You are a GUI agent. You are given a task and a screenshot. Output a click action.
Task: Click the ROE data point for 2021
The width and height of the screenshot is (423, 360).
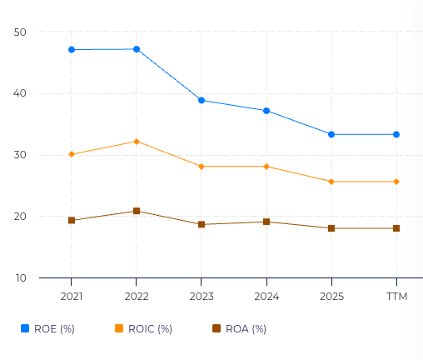tap(72, 50)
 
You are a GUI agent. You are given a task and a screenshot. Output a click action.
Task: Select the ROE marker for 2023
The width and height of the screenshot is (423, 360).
tap(202, 100)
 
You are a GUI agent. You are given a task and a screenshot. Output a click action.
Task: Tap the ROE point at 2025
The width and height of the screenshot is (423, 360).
tap(331, 134)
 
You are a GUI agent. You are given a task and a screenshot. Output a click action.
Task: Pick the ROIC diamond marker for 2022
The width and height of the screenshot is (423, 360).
tap(137, 141)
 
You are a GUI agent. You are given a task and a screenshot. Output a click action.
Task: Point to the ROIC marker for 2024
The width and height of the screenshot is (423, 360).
tap(266, 167)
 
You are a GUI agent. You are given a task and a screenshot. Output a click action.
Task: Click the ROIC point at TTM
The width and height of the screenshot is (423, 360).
tap(396, 182)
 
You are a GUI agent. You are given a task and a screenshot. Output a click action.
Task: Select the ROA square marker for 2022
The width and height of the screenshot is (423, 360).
tap(137, 211)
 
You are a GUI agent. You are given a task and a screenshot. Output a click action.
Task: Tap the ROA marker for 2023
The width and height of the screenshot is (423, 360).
tap(202, 224)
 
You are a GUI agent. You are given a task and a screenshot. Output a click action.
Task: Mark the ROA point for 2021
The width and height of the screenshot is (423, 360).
tap(72, 220)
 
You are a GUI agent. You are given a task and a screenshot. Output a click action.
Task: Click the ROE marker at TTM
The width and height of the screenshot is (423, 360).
tap(396, 134)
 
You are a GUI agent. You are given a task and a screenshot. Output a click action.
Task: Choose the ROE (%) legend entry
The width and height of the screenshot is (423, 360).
tap(48, 329)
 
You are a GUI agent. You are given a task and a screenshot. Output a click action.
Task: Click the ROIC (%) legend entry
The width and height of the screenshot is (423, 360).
tap(144, 329)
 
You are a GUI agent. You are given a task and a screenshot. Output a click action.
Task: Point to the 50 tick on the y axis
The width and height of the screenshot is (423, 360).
tap(21, 32)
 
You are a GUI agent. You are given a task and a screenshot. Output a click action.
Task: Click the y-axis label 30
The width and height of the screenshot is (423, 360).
tap(21, 155)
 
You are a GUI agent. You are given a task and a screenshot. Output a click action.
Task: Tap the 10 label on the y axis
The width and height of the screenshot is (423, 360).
tap(21, 278)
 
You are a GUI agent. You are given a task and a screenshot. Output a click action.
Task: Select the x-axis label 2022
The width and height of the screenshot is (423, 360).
tap(137, 297)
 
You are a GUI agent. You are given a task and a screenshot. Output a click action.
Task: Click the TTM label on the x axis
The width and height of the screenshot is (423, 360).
tap(396, 297)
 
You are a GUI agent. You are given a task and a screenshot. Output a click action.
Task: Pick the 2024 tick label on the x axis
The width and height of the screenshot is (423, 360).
tap(266, 297)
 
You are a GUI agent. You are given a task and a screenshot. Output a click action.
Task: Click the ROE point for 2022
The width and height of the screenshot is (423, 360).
tap(137, 49)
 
